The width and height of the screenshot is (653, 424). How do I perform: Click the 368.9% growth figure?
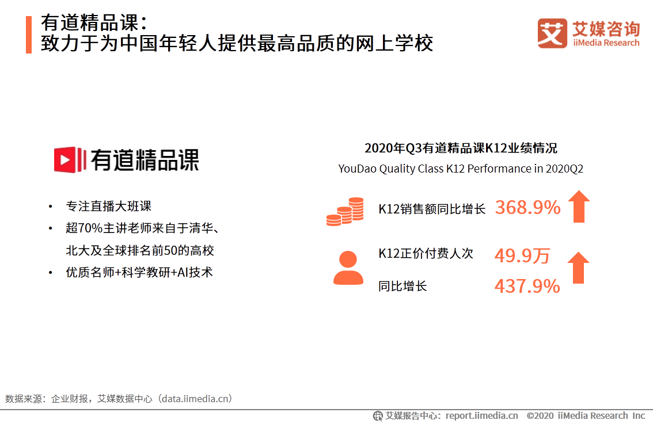(527, 208)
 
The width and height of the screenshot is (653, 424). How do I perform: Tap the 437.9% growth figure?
(527, 286)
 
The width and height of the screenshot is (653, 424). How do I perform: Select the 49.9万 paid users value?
(522, 256)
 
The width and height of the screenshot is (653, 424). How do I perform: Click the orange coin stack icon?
(345, 212)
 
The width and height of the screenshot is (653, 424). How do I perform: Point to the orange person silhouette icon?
(348, 268)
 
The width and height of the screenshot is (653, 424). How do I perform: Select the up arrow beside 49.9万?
(578, 268)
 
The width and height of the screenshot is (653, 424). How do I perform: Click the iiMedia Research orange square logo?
(552, 33)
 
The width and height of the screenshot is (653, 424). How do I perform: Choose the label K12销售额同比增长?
(432, 209)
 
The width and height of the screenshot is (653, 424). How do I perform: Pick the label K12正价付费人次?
(426, 254)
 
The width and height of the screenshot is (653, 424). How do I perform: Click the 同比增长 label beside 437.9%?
(403, 286)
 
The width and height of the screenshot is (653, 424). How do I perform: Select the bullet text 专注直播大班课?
(109, 207)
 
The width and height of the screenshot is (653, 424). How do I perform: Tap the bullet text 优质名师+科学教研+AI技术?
(139, 272)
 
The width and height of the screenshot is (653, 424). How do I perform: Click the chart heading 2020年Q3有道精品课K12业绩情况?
(461, 148)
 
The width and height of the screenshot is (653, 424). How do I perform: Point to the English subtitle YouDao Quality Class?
(461, 169)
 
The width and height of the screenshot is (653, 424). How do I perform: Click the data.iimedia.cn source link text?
(196, 399)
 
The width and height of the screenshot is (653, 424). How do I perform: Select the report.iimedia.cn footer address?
(481, 415)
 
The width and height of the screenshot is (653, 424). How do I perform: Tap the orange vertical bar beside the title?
(29, 35)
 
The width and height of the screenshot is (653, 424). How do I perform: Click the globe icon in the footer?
(378, 415)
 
